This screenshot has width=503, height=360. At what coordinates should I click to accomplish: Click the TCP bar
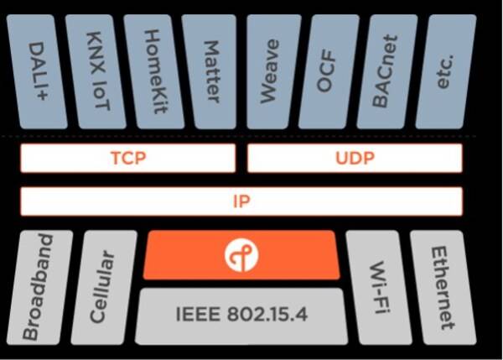coord(128,159)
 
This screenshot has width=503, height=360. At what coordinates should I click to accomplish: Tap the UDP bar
coord(355,159)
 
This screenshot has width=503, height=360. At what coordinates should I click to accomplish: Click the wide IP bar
coord(241,201)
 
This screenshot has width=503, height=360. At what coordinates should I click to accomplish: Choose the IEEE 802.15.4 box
coord(241,316)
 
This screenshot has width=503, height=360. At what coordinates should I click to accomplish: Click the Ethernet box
coord(442,288)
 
